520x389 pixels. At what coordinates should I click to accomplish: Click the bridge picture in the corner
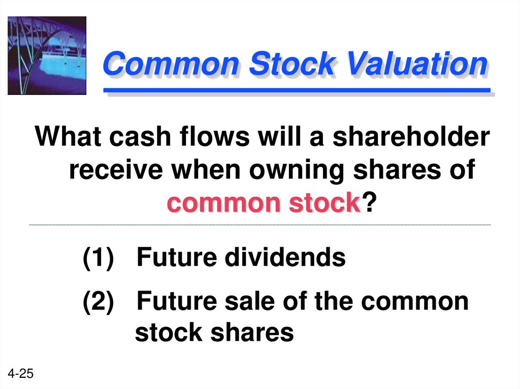tap(47, 55)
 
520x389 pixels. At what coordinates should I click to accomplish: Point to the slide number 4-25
tap(20, 374)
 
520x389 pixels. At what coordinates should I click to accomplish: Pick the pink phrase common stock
tap(263, 204)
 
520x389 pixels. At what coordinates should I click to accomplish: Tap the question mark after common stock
tap(371, 204)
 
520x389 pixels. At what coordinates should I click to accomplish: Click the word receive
tap(114, 171)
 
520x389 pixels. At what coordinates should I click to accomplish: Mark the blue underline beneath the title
tap(297, 90)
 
